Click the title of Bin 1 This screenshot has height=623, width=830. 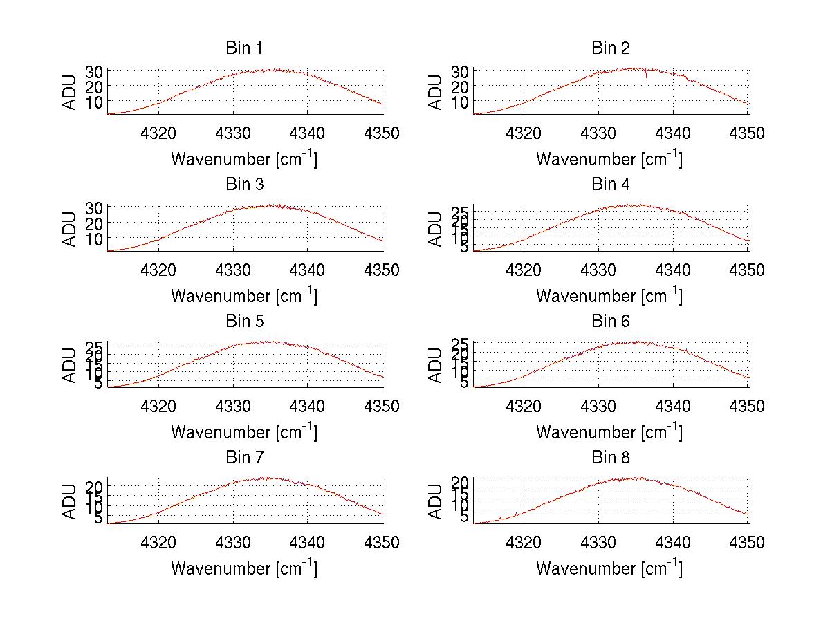click(x=244, y=48)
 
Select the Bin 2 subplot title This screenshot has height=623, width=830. click(x=610, y=48)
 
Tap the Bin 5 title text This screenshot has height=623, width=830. click(x=244, y=322)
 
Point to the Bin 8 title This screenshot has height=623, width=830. click(x=610, y=458)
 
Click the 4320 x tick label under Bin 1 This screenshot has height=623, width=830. click(x=159, y=133)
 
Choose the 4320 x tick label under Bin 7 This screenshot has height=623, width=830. click(x=159, y=543)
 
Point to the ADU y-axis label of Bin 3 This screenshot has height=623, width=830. click(x=71, y=229)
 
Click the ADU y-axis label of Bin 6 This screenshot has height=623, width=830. click(x=436, y=365)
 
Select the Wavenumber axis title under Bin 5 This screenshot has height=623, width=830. click(x=244, y=432)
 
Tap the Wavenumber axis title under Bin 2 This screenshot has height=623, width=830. click(x=609, y=159)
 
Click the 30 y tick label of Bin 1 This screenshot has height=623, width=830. click(x=94, y=71)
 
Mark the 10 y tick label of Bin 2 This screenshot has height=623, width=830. click(x=459, y=102)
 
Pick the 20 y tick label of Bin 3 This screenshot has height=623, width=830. click(x=94, y=223)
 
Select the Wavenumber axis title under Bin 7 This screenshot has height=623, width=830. click(x=244, y=568)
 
